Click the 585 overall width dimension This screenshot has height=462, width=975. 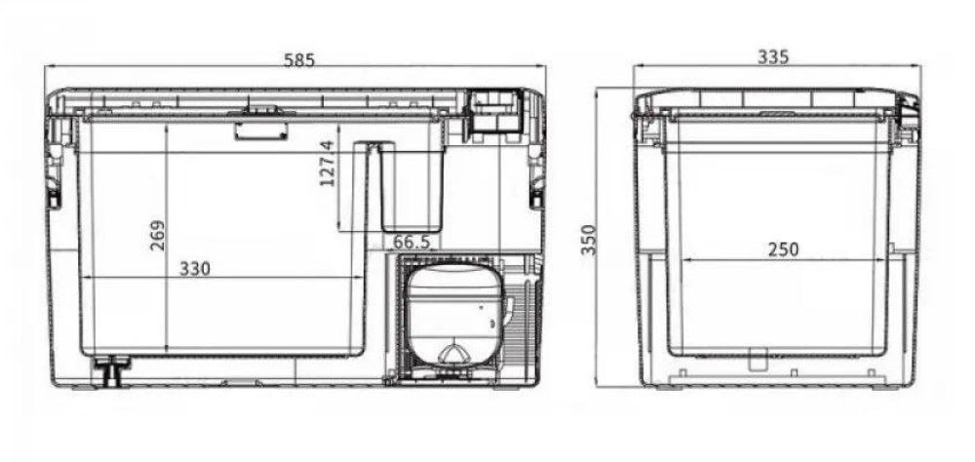point(299,59)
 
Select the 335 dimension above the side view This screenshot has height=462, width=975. point(772,57)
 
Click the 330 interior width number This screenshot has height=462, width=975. point(194,268)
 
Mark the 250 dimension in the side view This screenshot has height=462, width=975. point(782,250)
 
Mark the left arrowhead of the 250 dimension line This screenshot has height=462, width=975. point(682,261)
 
